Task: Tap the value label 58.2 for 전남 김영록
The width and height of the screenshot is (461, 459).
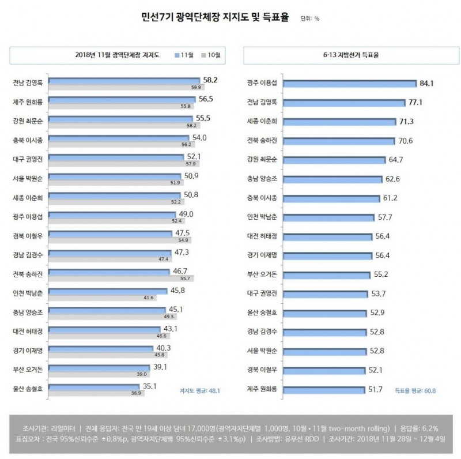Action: [209, 80]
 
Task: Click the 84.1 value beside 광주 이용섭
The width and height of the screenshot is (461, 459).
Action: [426, 84]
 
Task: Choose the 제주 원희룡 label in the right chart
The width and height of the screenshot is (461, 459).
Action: [262, 389]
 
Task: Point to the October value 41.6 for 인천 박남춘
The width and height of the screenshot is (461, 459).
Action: [148, 298]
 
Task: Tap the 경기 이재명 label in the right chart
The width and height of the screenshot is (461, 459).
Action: [262, 255]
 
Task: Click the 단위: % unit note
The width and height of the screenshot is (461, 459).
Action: [310, 18]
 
